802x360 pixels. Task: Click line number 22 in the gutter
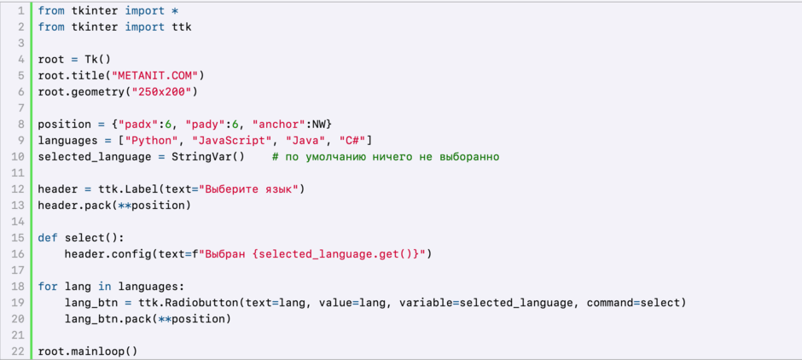(18, 351)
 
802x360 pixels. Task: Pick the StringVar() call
(208, 157)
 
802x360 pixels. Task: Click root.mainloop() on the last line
(88, 351)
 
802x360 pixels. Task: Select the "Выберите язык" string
(252, 189)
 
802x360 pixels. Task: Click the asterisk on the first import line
(175, 11)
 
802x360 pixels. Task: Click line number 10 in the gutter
(18, 157)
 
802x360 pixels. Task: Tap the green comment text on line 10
(386, 157)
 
